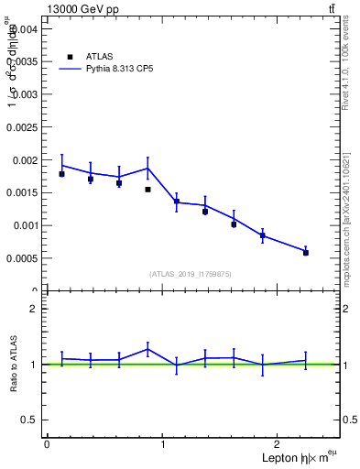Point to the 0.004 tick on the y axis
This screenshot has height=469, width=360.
(24, 28)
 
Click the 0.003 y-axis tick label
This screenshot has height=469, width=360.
(24, 94)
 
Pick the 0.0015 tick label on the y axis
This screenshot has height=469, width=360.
(21, 192)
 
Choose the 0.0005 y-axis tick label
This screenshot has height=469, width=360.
(21, 258)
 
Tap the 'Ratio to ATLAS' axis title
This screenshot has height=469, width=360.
(15, 364)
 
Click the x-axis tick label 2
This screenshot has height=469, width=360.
(279, 444)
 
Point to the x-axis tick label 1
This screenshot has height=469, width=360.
(163, 444)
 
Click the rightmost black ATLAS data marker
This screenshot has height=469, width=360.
(306, 252)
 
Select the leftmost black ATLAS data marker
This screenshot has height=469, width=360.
(61, 173)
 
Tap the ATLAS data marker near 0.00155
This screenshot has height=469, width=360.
(147, 190)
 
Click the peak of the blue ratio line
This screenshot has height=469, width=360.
(147, 349)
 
